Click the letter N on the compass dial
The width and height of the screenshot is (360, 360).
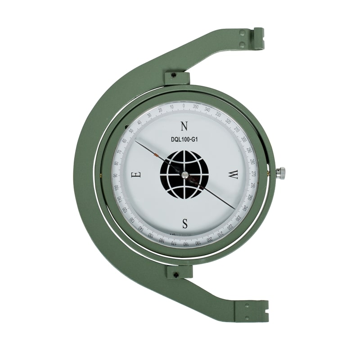click(184, 126)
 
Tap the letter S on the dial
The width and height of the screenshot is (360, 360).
click(184, 223)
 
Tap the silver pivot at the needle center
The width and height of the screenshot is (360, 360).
click(185, 175)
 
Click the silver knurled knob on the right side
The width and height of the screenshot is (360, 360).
click(281, 173)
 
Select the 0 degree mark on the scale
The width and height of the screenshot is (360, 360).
click(184, 106)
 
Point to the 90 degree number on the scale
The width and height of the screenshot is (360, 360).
click(115, 175)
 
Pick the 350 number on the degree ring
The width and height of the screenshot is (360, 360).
click(195, 107)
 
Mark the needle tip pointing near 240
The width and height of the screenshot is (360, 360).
click(234, 209)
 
